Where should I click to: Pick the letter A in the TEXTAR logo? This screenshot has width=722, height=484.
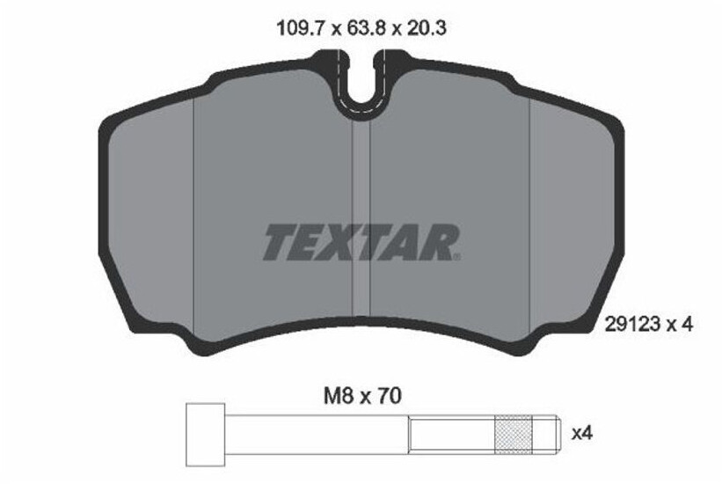[405, 242]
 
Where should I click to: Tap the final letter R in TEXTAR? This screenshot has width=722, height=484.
[439, 242]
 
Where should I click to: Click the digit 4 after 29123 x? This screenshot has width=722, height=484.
[689, 324]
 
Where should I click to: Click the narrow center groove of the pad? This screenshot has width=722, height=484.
[361, 220]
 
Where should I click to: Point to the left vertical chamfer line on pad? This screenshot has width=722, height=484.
[193, 220]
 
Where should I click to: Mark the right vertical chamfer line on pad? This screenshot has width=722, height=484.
[529, 220]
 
